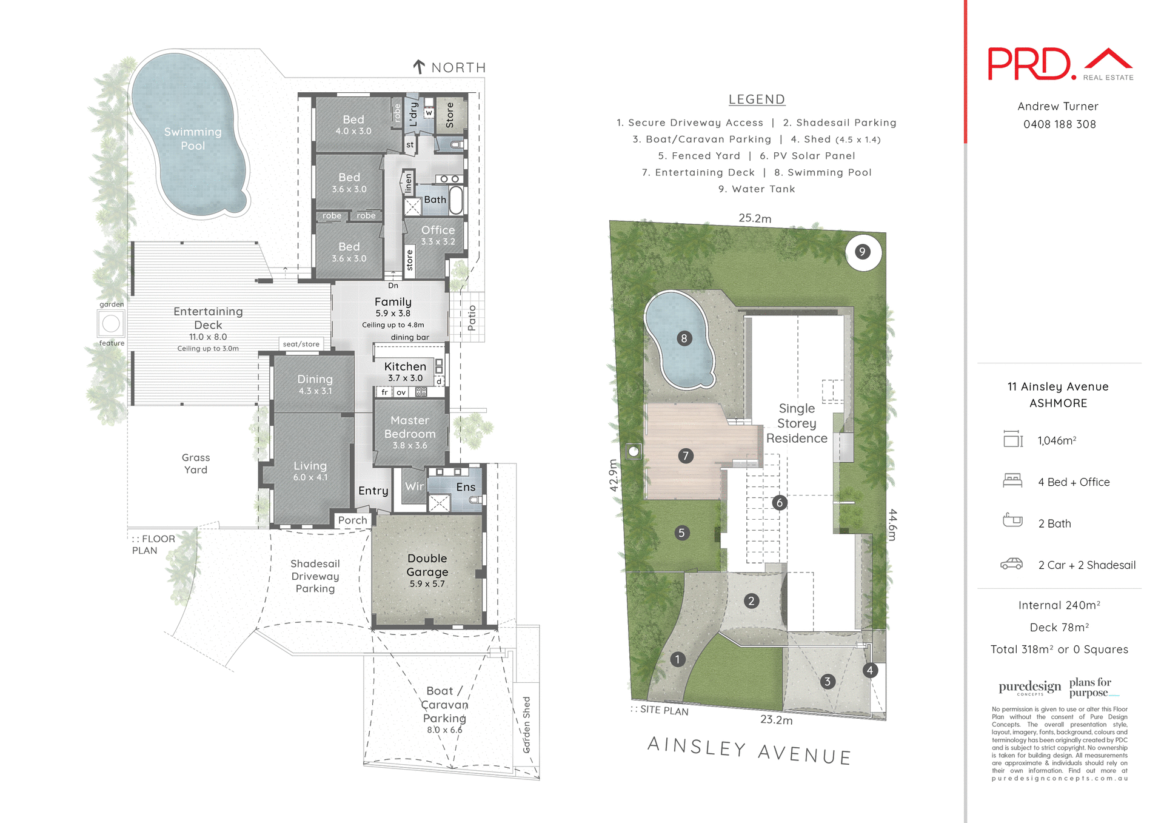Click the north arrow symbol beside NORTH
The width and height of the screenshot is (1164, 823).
click(x=418, y=67)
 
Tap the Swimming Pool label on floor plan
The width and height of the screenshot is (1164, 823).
click(x=193, y=139)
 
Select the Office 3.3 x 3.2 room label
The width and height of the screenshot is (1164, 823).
click(x=438, y=235)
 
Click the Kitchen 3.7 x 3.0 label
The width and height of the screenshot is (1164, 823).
click(x=405, y=371)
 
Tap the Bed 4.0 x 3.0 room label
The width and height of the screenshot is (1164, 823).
click(x=353, y=124)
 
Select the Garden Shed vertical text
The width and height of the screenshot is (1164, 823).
click(x=526, y=725)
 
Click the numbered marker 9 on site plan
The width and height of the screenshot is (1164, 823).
click(x=862, y=251)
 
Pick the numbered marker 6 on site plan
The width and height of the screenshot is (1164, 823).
click(x=780, y=502)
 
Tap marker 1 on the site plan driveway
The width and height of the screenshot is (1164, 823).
click(x=677, y=659)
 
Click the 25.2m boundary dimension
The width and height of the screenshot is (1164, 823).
click(x=755, y=218)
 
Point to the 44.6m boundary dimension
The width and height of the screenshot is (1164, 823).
click(x=893, y=525)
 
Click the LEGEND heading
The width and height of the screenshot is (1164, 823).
click(x=757, y=99)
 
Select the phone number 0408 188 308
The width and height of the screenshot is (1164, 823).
click(x=1059, y=124)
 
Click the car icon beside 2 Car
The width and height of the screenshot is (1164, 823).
click(x=1011, y=564)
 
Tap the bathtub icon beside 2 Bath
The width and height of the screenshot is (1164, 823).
click(x=1012, y=521)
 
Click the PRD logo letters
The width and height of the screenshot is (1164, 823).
click(x=1029, y=64)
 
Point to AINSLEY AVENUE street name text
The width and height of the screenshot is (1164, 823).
click(x=749, y=751)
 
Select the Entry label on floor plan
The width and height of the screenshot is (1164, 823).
click(x=373, y=491)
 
